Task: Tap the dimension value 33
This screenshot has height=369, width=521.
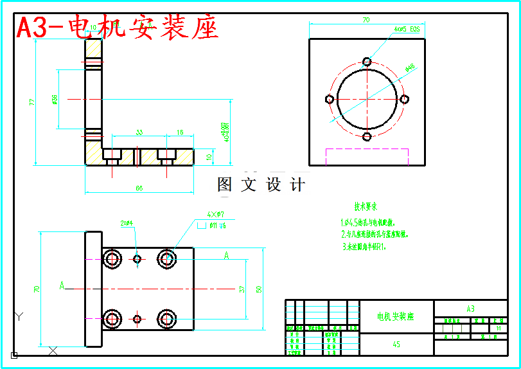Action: (139, 132)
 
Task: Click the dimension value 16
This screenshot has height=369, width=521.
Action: (179, 132)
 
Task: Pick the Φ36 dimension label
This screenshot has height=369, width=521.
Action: (54, 100)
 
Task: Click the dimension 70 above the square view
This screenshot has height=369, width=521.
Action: (366, 21)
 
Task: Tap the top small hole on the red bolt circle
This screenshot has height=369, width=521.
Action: (367, 62)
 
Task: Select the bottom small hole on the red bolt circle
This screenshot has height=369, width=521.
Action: (367, 136)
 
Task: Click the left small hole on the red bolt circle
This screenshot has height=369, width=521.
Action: (330, 99)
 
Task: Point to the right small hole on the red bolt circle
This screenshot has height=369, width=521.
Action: (405, 99)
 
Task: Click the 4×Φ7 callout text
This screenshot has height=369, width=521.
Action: (215, 214)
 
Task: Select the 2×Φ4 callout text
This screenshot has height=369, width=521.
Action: (127, 223)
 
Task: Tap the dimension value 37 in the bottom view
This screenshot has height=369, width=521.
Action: (242, 289)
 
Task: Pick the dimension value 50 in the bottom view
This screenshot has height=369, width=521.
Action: (259, 289)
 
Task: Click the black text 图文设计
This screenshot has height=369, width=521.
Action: (261, 185)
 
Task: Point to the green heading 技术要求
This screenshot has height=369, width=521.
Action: (365, 207)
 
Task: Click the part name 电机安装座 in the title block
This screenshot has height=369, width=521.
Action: (396, 316)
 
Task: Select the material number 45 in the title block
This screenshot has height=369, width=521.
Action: (396, 345)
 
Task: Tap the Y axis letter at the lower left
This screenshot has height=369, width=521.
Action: (19, 316)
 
